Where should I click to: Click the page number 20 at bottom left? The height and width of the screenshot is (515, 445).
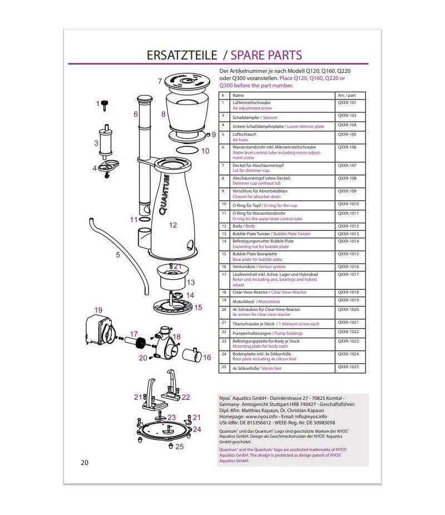pos(85,462)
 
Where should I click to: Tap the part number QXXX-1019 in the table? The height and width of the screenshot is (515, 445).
pos(348,300)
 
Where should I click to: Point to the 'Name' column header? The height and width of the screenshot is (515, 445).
pos(238,95)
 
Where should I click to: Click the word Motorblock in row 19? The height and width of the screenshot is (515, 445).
pos(244,301)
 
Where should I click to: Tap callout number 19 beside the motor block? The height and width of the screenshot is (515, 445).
pos(98,309)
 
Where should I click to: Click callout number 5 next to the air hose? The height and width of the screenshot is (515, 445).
pos(118,255)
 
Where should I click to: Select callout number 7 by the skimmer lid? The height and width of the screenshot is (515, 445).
pos(160,81)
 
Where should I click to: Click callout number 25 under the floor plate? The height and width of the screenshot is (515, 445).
pos(179,446)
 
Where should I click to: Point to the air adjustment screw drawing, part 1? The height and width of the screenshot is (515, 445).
pos(105,104)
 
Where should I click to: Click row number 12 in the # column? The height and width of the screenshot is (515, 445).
pos(224,226)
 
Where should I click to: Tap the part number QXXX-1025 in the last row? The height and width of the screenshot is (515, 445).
pos(348,368)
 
